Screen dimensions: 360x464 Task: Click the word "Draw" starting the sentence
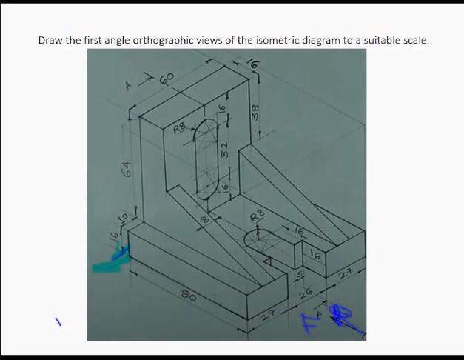(50, 40)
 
